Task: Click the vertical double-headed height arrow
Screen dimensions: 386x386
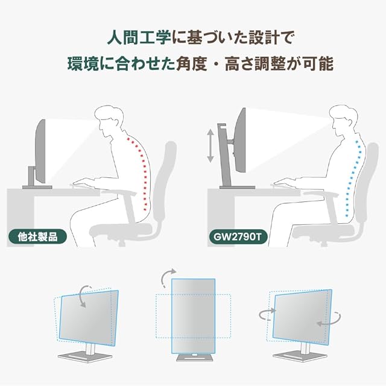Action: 210,143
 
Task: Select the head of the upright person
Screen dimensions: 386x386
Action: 341,121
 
